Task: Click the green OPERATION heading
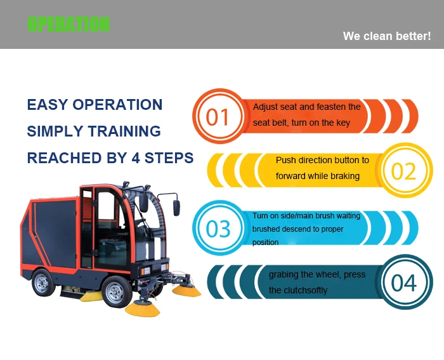(x=69, y=24)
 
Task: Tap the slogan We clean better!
(x=387, y=36)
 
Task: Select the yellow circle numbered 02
(x=405, y=170)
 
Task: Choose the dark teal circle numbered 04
(x=405, y=282)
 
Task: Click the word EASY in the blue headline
(x=47, y=105)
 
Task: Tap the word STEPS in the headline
(x=169, y=158)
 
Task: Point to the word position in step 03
(x=265, y=243)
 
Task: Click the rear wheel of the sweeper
(x=42, y=283)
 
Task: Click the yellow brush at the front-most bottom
(x=143, y=309)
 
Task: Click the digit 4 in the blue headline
(x=136, y=158)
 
